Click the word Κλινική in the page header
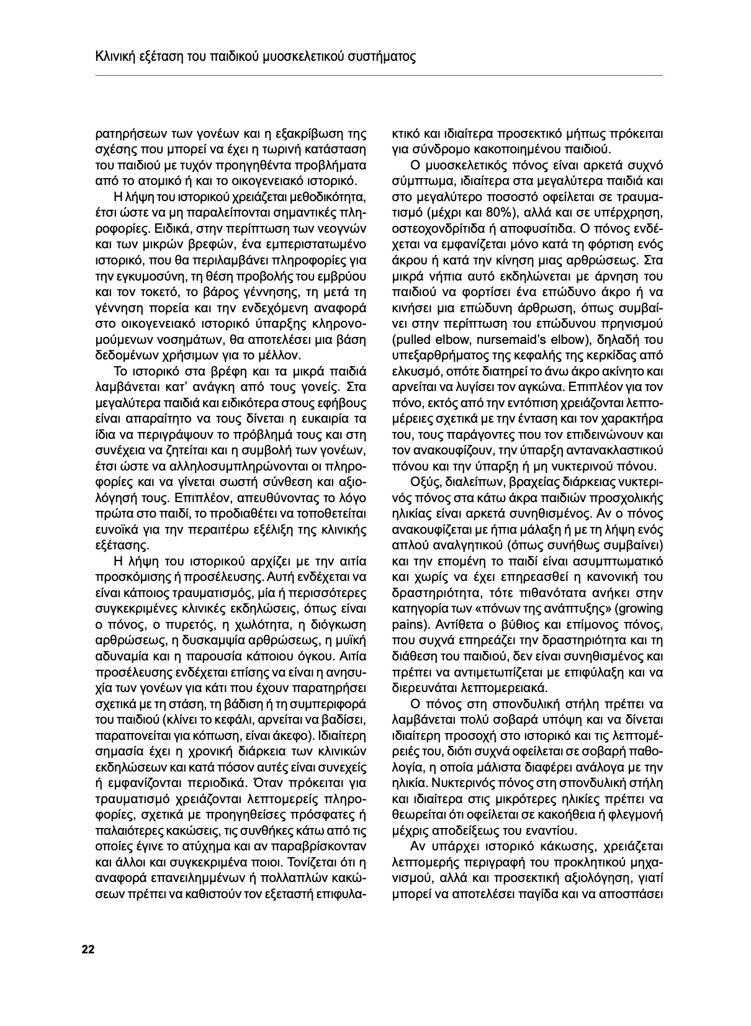click(114, 58)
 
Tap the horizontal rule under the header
click(379, 76)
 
